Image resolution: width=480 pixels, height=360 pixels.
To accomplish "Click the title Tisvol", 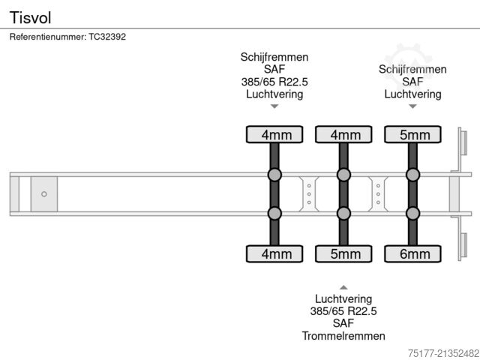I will click(x=25, y=16).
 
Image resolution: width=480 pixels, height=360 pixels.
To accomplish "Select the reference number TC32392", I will click(x=109, y=36).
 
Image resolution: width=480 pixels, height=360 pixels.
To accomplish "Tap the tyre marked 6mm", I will click(x=412, y=253).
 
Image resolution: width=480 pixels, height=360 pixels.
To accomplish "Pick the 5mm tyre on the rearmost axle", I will click(x=412, y=135).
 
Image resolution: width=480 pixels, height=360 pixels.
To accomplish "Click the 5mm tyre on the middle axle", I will click(x=343, y=253).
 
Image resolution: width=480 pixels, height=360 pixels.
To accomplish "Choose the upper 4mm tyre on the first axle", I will click(x=274, y=135).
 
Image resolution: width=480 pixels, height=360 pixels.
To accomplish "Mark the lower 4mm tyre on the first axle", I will click(x=274, y=253).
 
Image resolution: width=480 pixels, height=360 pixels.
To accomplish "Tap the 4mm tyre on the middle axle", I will click(x=343, y=135).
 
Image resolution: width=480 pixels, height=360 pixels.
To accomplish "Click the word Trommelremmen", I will click(x=343, y=335).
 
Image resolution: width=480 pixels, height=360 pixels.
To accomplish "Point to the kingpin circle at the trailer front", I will click(x=43, y=194).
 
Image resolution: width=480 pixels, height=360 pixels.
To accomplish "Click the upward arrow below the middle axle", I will click(x=343, y=287).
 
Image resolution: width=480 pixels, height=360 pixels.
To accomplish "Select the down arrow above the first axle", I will click(x=274, y=106).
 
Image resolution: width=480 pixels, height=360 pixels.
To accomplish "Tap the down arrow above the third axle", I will click(x=412, y=106).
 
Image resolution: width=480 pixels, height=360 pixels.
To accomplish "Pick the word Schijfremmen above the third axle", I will click(x=412, y=69).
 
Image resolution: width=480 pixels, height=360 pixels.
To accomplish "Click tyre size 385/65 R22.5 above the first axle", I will click(x=274, y=82).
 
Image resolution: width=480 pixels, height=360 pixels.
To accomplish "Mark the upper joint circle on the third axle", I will click(x=412, y=175).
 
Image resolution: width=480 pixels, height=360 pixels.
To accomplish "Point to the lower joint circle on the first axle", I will click(x=274, y=213).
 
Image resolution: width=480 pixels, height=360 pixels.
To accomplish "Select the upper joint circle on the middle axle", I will click(x=343, y=175).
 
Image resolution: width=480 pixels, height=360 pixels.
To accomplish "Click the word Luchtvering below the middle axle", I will click(x=343, y=298).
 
